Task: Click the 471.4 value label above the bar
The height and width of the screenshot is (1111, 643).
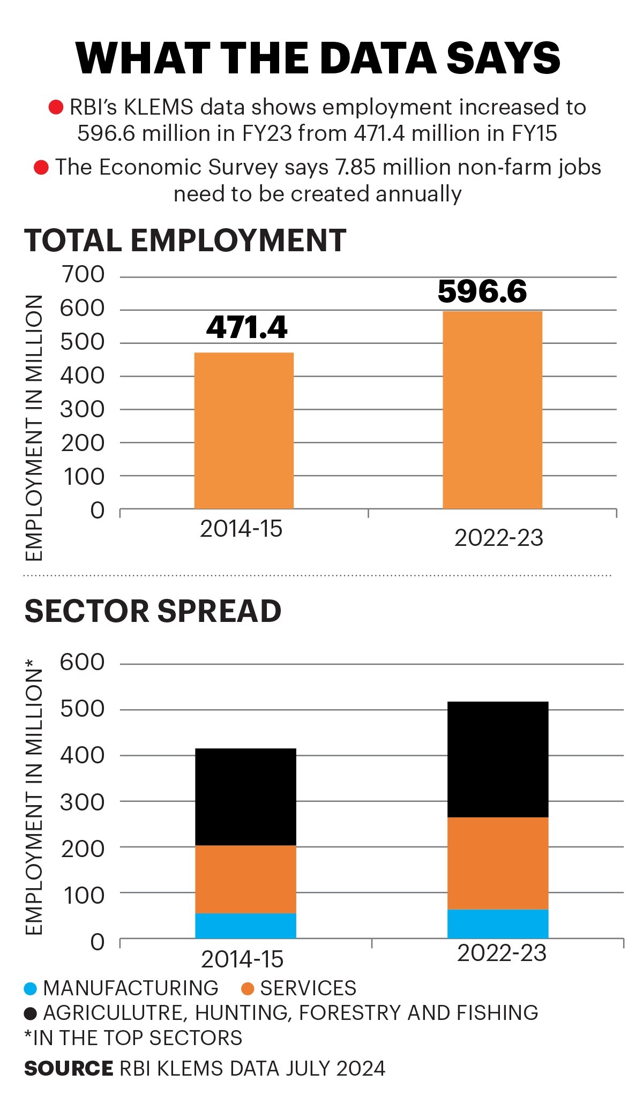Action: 246,327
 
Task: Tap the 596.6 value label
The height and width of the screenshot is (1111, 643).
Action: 482,291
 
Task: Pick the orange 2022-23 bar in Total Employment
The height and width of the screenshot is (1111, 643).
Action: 492,410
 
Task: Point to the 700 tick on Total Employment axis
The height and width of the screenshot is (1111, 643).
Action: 83,275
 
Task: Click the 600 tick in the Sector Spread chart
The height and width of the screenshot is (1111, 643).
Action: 82,663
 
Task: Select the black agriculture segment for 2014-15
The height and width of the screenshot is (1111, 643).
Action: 245,797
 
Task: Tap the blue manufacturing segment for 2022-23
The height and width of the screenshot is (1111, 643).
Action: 498,924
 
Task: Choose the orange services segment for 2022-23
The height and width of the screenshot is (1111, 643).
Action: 498,863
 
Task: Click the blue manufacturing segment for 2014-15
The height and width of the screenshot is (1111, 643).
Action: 245,926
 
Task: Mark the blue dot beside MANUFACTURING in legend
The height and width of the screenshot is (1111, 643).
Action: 31,988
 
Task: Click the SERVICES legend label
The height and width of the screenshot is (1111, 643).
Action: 308,988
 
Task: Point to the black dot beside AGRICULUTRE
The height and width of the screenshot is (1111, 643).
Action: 31,1014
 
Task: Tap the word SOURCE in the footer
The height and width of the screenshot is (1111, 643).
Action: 69,1069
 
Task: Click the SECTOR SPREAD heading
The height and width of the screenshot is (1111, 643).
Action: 153,611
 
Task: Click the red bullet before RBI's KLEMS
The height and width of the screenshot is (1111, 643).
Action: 56,108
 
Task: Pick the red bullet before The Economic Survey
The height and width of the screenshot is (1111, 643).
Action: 41,168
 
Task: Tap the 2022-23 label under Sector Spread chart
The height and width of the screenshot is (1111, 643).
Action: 502,954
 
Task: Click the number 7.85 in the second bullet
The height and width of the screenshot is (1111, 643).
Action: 356,168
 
